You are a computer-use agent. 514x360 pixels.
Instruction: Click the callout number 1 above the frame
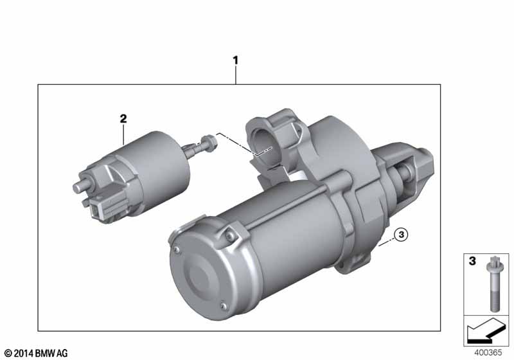tap(235, 60)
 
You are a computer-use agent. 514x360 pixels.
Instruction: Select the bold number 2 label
tap(123, 119)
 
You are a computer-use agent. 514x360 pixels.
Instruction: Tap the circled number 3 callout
tap(401, 235)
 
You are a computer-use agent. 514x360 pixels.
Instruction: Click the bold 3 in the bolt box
tap(472, 261)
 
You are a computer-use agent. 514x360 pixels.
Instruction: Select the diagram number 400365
tap(488, 353)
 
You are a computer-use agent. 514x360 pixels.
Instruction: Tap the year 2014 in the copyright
tap(24, 354)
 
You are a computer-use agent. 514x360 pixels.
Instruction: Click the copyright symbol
tap(8, 354)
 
